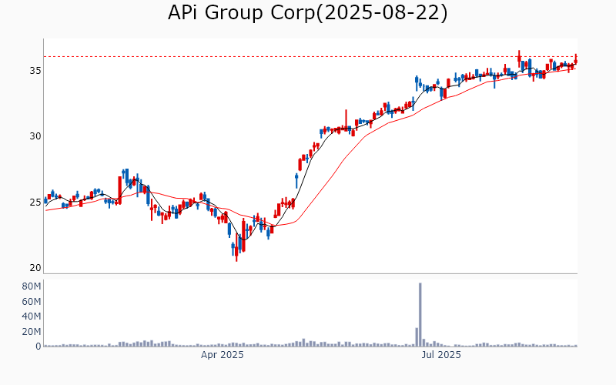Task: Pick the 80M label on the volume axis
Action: tap(31, 286)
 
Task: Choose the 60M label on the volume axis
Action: tap(31, 301)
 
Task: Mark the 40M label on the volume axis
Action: tap(31, 316)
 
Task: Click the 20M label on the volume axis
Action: tap(31, 332)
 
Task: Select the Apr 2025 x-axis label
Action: tap(223, 355)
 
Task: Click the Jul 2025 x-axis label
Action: tap(442, 355)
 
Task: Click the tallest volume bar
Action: tap(420, 314)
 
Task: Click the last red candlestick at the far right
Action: tap(576, 59)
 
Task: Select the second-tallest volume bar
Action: tap(417, 337)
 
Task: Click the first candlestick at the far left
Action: tap(45, 200)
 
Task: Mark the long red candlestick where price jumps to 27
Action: tap(120, 189)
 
